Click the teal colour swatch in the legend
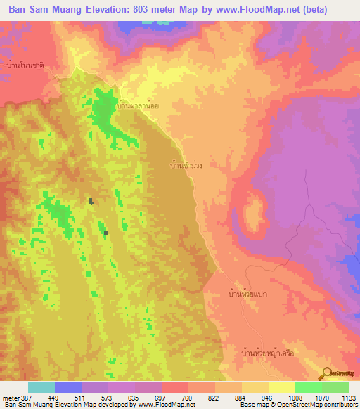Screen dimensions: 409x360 [41, 387]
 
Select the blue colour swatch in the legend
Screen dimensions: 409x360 [68, 387]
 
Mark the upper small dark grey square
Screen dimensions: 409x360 [91, 201]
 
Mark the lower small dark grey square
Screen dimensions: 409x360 [105, 232]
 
